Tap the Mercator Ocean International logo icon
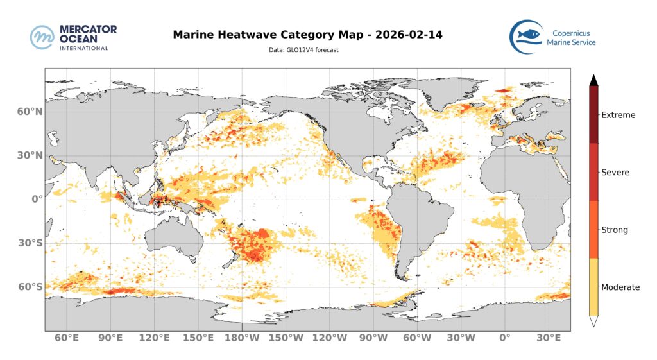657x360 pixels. pyautogui.click(x=42, y=37)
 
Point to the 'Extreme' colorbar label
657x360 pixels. pyautogui.click(x=618, y=116)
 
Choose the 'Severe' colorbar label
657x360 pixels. pyautogui.click(x=615, y=173)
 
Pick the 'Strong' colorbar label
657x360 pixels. pyautogui.click(x=615, y=230)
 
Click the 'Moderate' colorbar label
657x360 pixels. pyautogui.click(x=620, y=287)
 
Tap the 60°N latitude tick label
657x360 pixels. pyautogui.click(x=29, y=111)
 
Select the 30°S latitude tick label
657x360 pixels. pyautogui.click(x=29, y=243)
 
